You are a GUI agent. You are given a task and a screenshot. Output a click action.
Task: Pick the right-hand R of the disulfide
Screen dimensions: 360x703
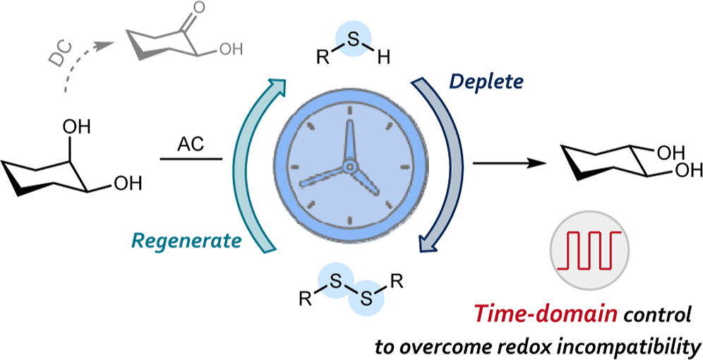point(397,285)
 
